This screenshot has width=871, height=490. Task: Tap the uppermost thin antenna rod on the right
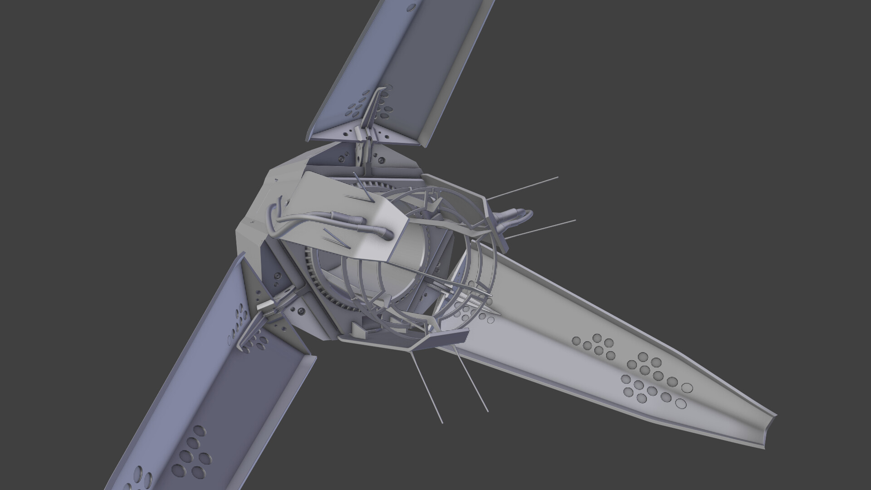(526, 187)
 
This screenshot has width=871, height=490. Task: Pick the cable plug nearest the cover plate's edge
(387, 234)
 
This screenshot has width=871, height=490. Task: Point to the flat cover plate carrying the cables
(345, 213)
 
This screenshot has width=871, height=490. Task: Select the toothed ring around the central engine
(318, 290)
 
